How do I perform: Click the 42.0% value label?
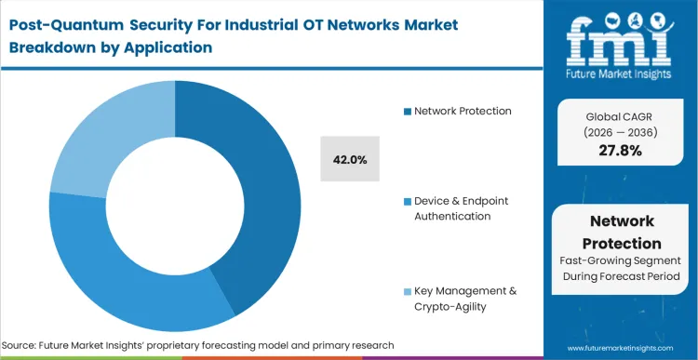(x=349, y=159)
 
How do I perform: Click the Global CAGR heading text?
(x=621, y=114)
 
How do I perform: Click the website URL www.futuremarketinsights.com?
(x=621, y=346)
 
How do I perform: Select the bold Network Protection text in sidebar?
(x=621, y=232)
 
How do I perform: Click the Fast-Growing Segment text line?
(x=621, y=261)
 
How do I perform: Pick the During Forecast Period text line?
(x=621, y=277)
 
